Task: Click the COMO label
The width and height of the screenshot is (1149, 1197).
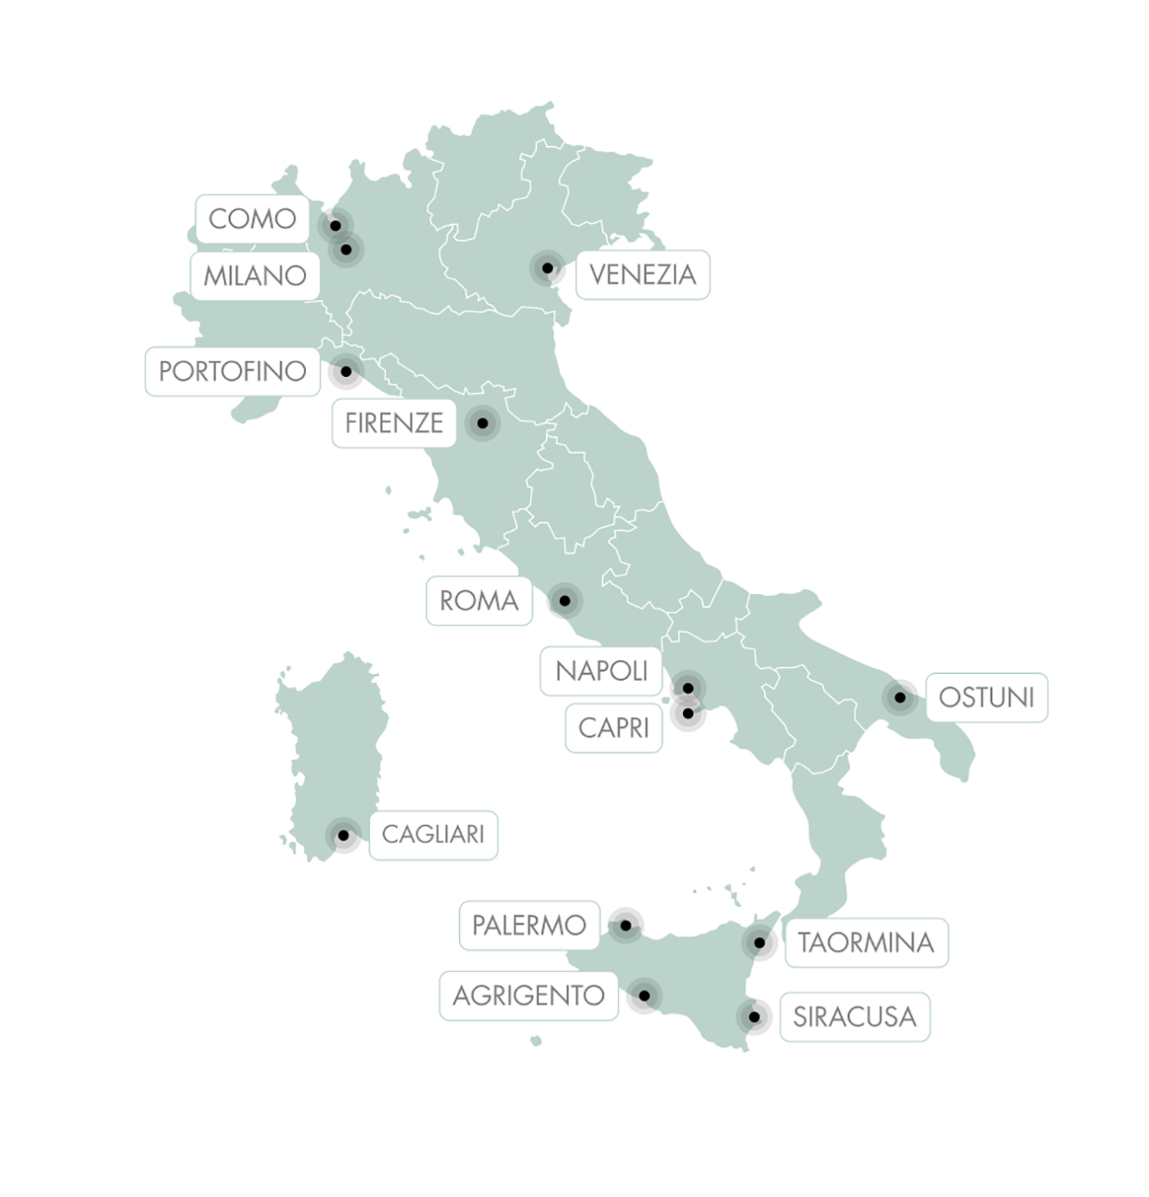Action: coord(252,218)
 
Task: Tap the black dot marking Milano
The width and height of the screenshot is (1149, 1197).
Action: coord(346,249)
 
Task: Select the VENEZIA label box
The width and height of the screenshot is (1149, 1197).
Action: coord(642,275)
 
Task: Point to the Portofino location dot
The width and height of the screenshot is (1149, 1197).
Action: coord(346,372)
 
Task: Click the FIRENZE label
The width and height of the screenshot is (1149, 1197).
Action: coord(394,423)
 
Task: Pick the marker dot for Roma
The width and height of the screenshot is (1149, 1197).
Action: coord(565,601)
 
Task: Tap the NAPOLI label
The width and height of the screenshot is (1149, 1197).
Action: coord(601,672)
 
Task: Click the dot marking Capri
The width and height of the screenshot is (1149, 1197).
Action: coord(688,714)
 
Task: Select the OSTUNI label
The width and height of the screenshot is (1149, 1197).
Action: coord(986,698)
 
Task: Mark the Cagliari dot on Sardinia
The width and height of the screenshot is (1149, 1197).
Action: coord(344,835)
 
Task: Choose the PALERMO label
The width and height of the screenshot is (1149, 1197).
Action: coord(529,925)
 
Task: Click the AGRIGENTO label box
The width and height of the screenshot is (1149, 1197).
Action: coord(528,996)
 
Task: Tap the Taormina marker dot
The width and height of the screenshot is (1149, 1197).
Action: coord(760,942)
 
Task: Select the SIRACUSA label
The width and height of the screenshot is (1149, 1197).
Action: coord(854,1017)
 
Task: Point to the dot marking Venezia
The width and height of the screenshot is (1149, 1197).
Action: coord(548,268)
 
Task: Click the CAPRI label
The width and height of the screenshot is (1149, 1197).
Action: coord(613,728)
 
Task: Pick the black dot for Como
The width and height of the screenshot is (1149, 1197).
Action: coord(335,225)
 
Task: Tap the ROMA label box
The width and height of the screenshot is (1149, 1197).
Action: coord(478,601)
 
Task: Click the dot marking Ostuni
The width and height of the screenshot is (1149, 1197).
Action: coord(900,698)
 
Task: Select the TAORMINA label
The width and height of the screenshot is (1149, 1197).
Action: coord(866,942)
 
